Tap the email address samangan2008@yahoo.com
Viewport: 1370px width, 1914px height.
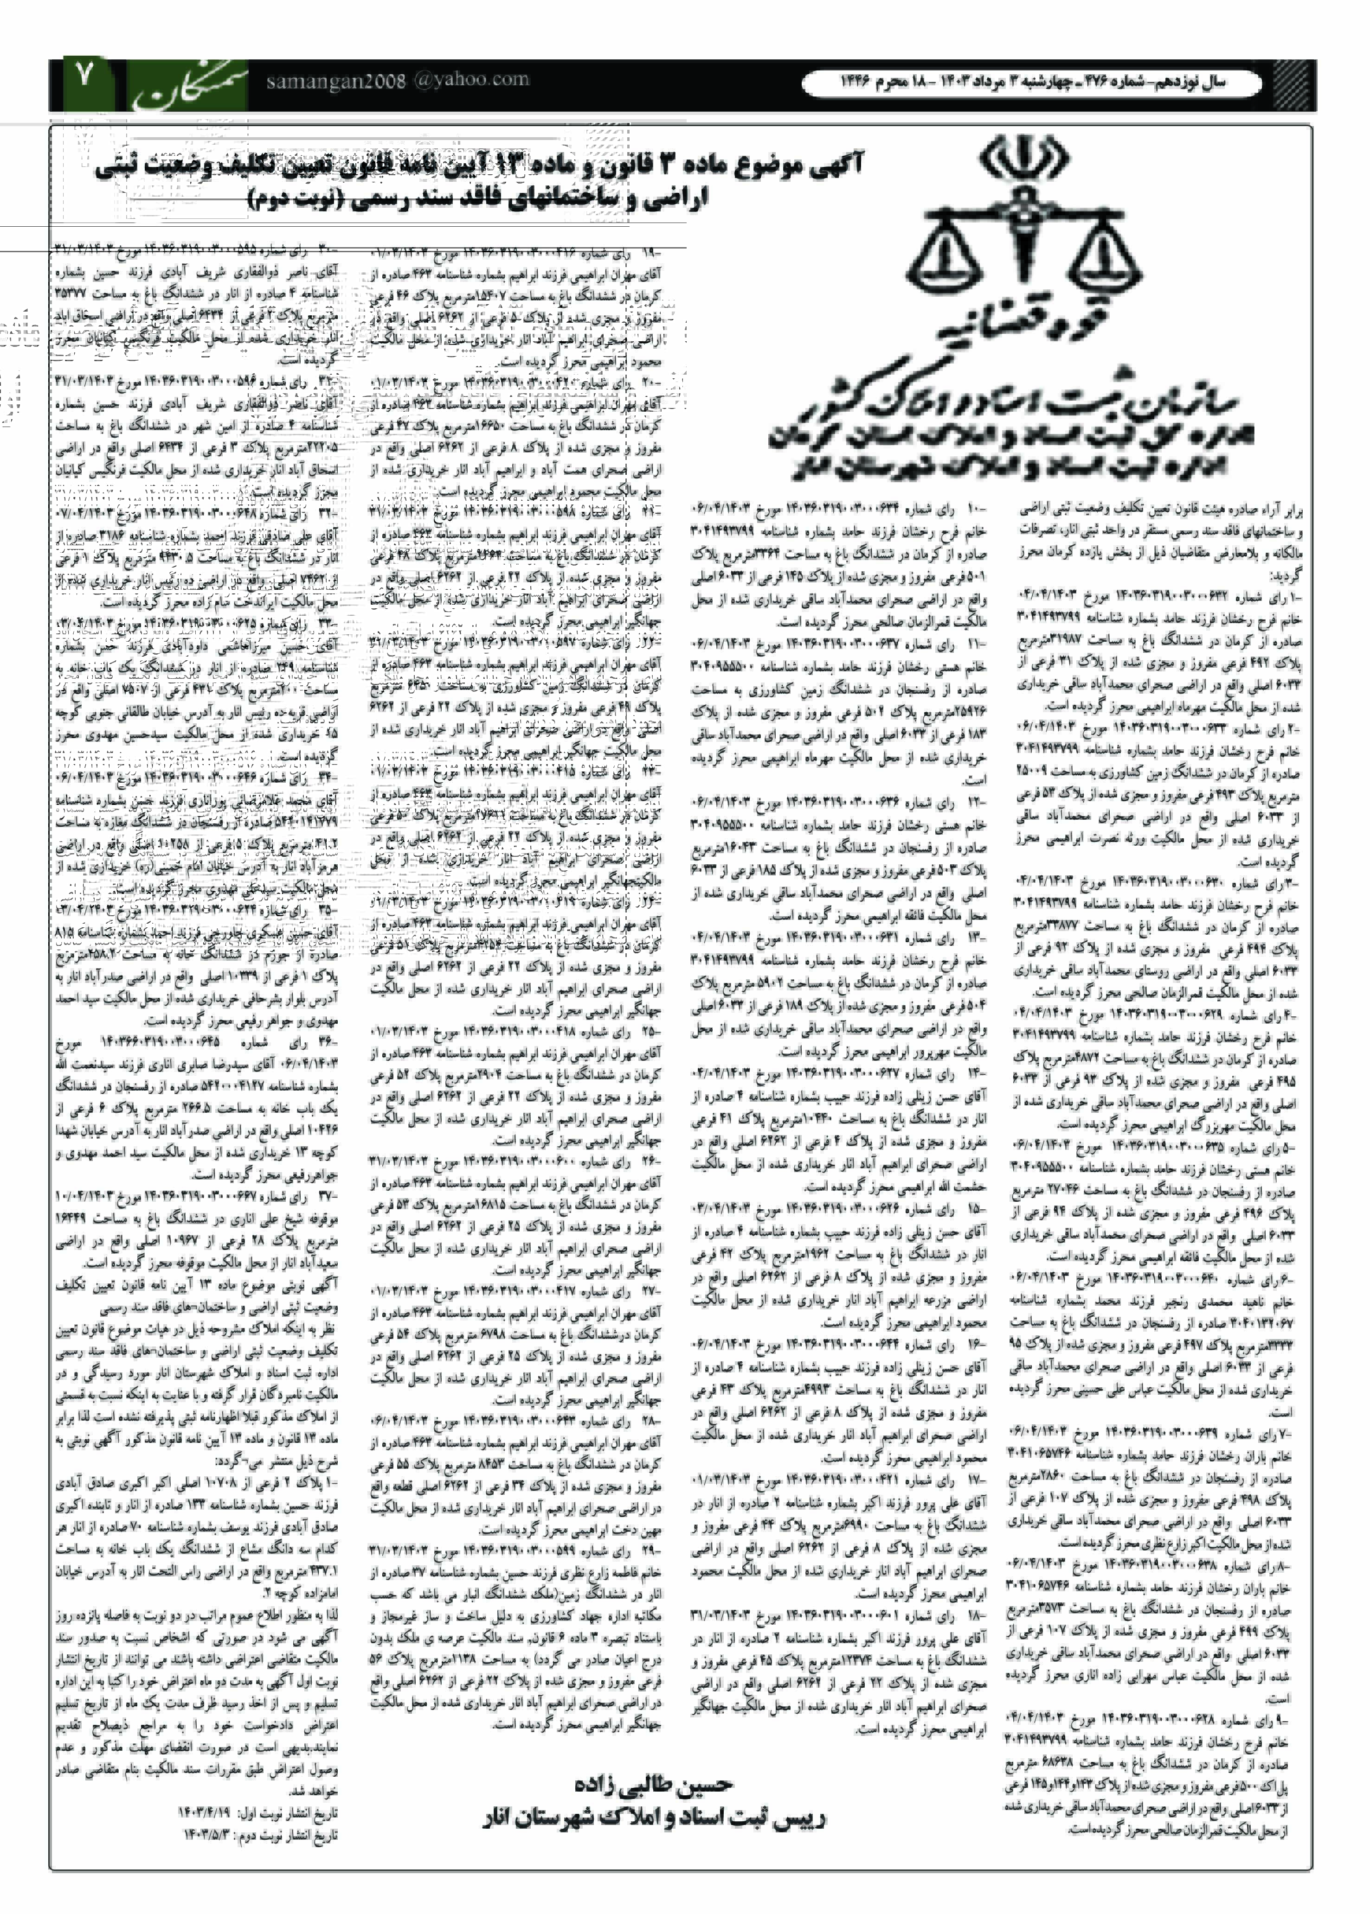pyautogui.click(x=397, y=81)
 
